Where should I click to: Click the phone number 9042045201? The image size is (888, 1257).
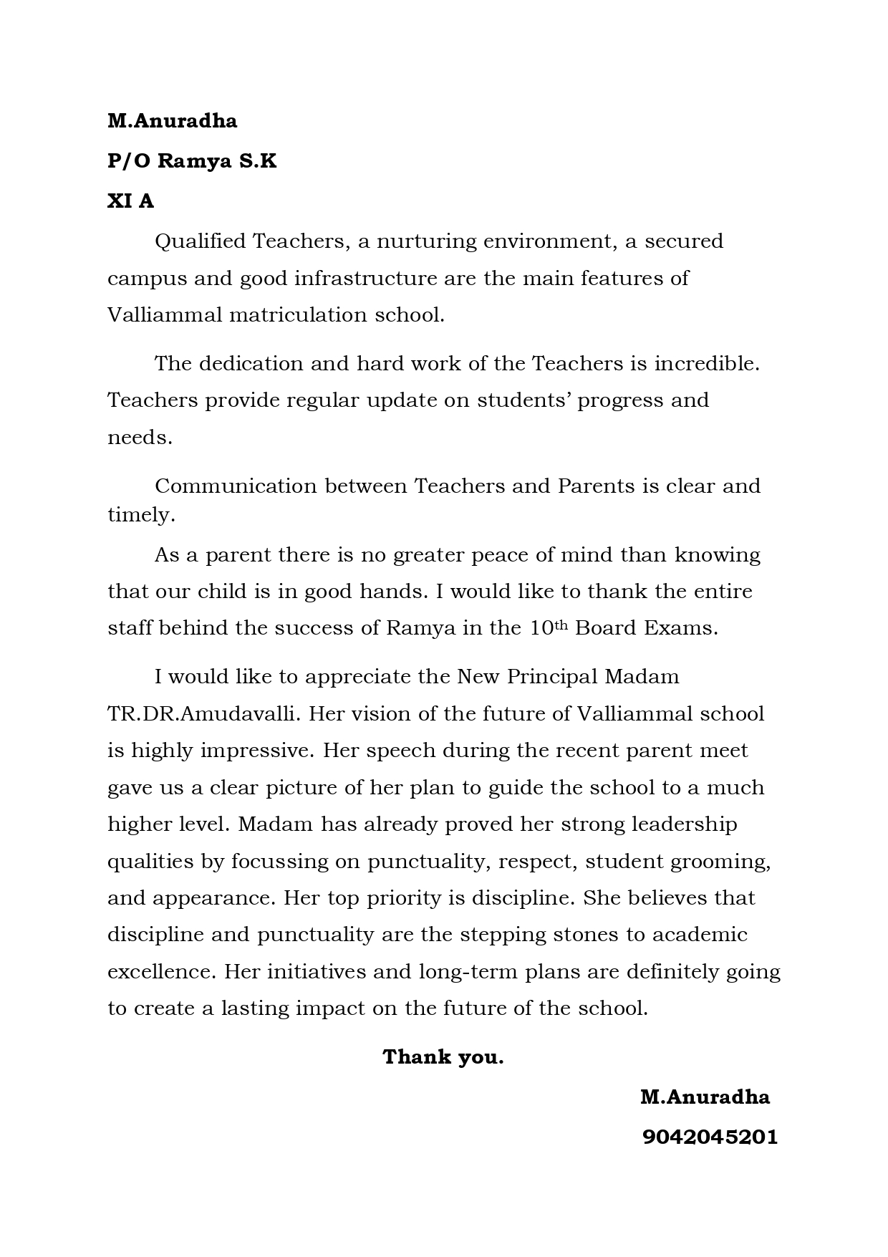pos(709,1137)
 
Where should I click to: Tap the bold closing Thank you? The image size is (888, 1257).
pos(443,1057)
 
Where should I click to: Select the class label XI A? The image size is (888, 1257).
pos(130,201)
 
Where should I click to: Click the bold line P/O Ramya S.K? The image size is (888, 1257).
pos(192,161)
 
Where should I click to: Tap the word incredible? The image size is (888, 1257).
pos(706,364)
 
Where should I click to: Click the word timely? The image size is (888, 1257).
pos(141,515)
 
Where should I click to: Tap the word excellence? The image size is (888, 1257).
pos(161,972)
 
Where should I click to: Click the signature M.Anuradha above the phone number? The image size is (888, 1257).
pos(705,1097)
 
